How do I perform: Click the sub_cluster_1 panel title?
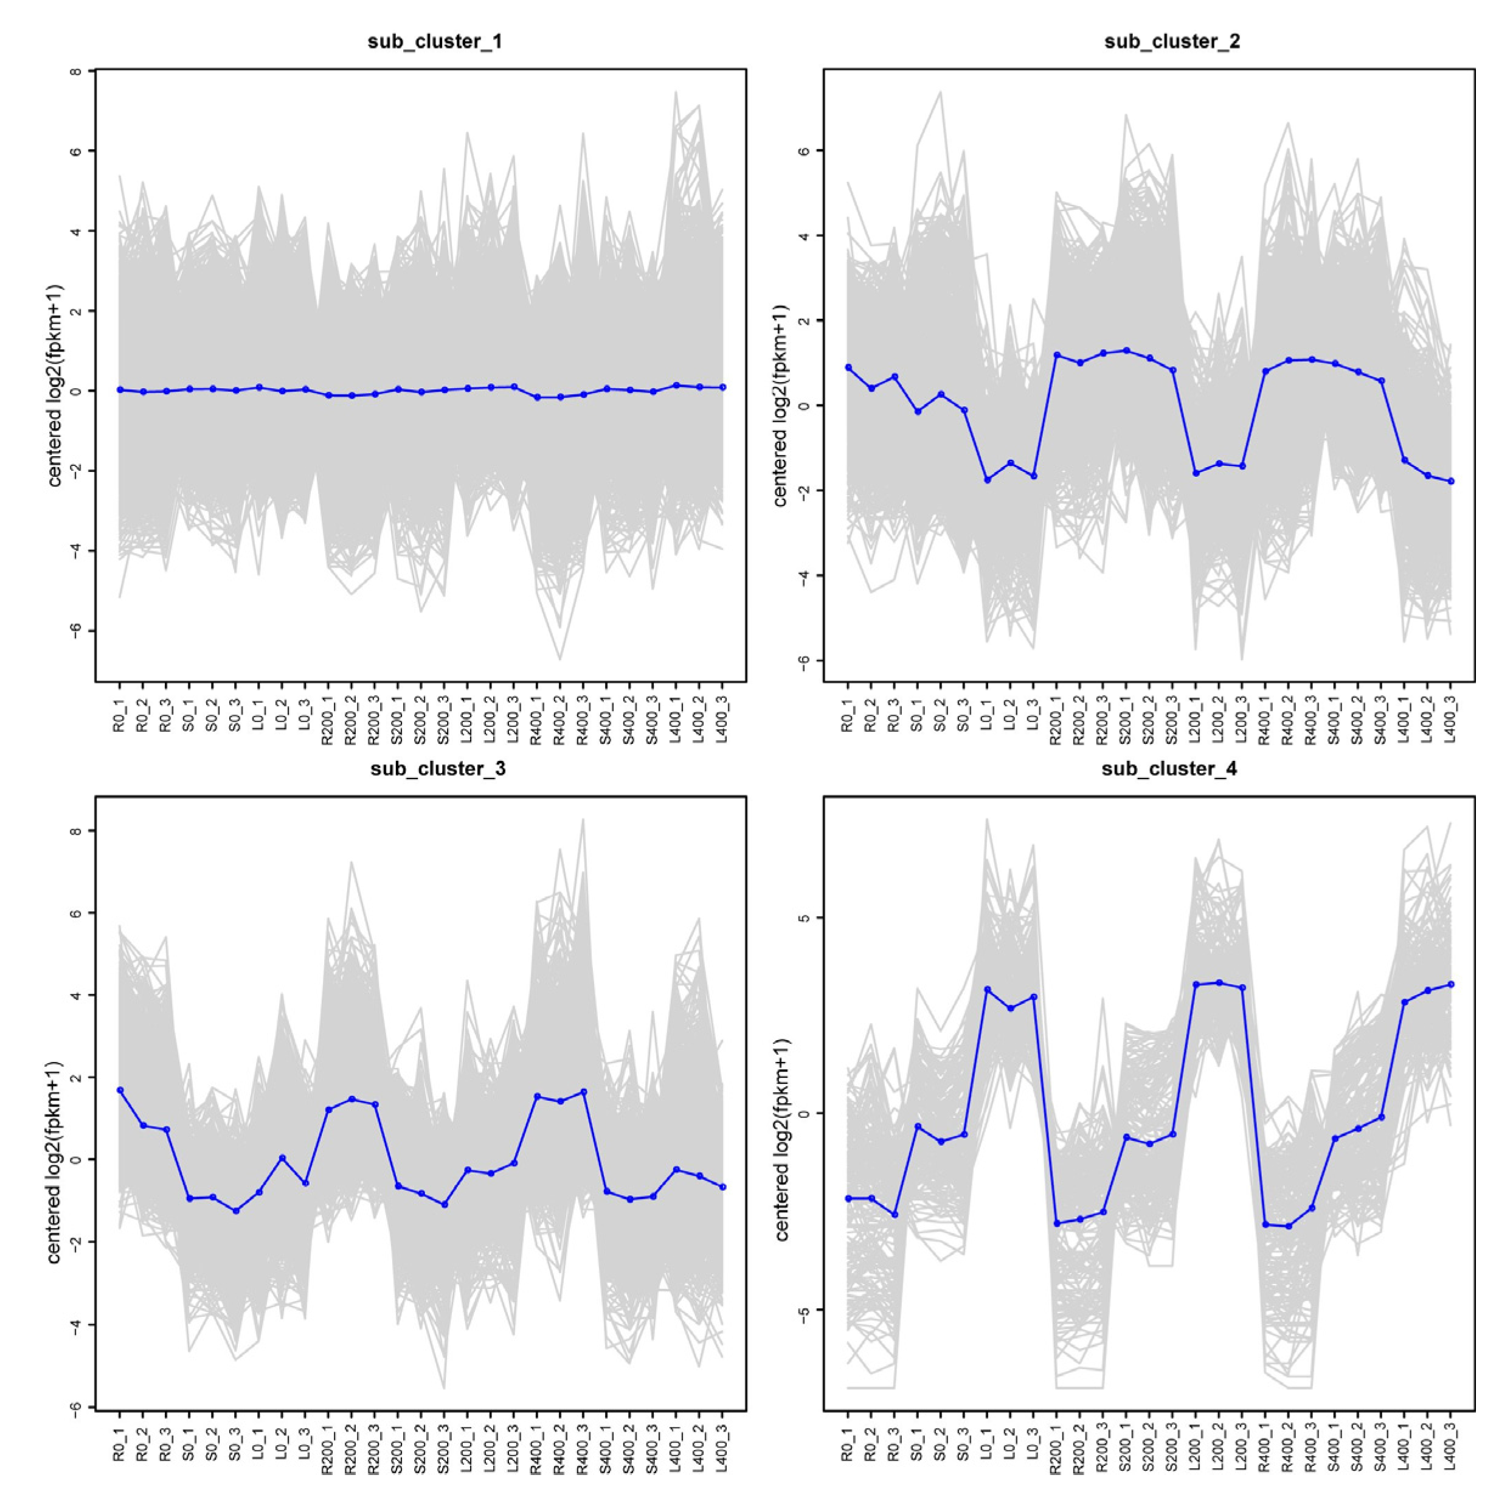click(x=435, y=42)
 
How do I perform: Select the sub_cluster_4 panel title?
click(x=1169, y=769)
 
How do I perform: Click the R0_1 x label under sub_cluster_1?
click(x=120, y=716)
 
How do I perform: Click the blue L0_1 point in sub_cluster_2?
click(x=987, y=480)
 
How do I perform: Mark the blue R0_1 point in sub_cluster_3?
click(x=120, y=1089)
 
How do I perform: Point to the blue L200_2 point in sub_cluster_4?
click(x=1219, y=982)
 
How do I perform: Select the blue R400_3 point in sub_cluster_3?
click(x=583, y=1092)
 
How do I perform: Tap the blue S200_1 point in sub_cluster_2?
click(x=1126, y=350)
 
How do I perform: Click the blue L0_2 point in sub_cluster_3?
click(x=282, y=1158)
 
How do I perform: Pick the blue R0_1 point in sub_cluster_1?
click(x=120, y=389)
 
